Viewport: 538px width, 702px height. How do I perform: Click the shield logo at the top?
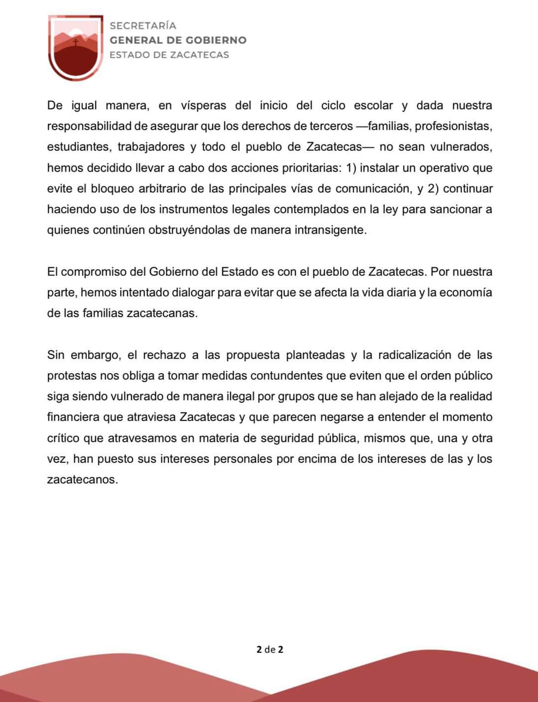tap(76, 48)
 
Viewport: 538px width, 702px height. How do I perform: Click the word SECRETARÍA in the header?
tap(143, 25)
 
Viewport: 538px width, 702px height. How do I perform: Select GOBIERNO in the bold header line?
tap(216, 40)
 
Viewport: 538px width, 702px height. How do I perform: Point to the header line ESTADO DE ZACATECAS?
tap(169, 55)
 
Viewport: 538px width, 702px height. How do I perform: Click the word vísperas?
tap(203, 106)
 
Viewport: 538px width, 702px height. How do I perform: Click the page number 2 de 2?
tap(269, 649)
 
